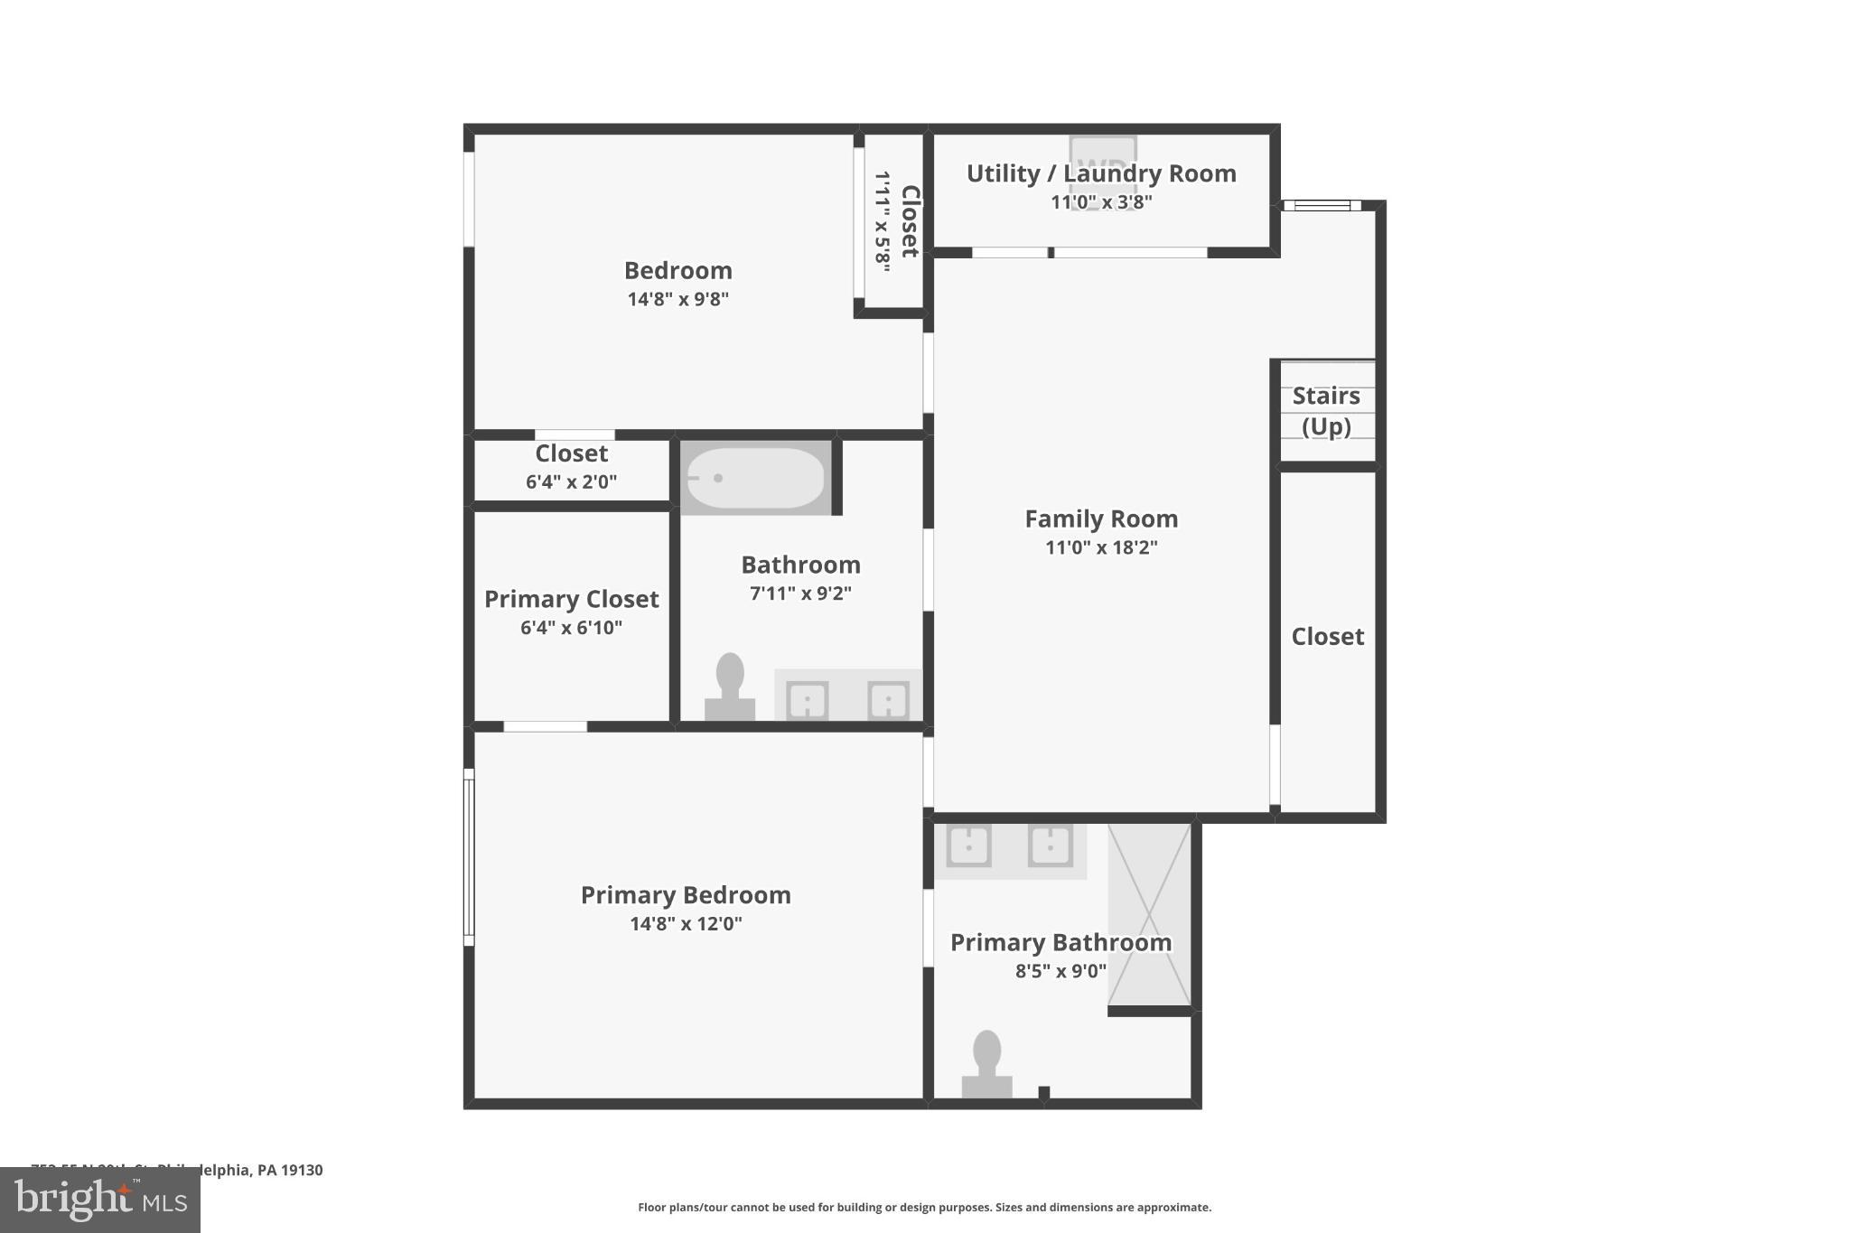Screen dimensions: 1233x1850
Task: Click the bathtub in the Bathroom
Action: point(756,478)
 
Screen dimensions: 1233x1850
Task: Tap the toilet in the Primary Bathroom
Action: point(986,1066)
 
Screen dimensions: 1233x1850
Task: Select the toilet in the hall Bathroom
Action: point(730,687)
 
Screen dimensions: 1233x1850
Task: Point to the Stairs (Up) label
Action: point(1326,411)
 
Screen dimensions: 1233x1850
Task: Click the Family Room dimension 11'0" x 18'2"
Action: point(1101,547)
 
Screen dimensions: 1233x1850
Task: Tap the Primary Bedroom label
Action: point(686,895)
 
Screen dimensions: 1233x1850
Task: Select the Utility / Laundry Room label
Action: point(1101,173)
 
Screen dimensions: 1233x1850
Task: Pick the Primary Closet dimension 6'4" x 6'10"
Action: point(571,628)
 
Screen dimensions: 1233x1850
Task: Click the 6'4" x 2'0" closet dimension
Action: point(571,481)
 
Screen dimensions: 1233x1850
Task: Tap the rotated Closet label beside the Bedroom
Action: point(910,220)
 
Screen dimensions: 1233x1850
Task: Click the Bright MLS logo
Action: point(100,1200)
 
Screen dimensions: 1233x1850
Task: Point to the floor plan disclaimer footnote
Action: point(924,1208)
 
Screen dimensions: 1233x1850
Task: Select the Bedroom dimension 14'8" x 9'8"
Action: point(677,299)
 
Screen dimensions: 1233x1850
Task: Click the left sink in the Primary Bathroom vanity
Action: point(968,846)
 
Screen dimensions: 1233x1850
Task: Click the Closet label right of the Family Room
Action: point(1327,637)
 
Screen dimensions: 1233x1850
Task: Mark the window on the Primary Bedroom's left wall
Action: point(469,857)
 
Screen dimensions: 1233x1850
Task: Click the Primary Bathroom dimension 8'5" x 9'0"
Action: point(1060,971)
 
